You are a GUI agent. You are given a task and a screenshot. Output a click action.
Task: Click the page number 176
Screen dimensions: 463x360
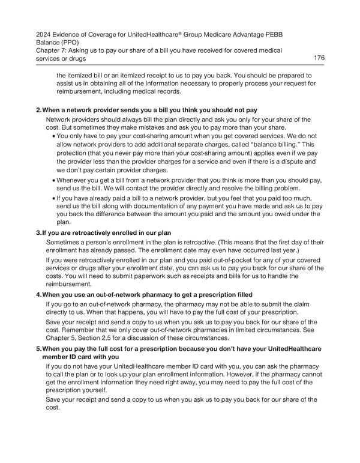(319, 58)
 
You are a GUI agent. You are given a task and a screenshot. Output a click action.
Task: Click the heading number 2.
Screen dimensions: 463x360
(38, 110)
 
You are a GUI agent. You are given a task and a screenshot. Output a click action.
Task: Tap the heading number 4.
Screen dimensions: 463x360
(38, 294)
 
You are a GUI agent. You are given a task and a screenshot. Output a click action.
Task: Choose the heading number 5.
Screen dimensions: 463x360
(38, 349)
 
